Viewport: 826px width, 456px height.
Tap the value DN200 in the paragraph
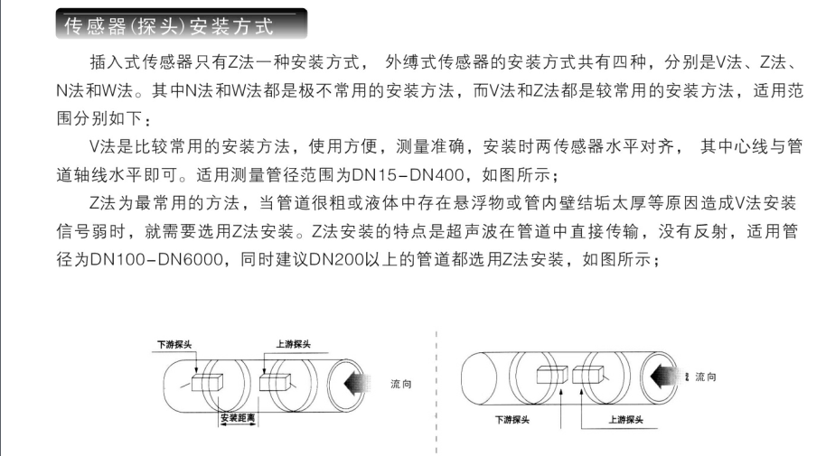(x=336, y=259)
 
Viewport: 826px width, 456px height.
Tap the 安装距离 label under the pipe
(x=238, y=419)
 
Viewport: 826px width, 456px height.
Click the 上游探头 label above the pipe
(x=294, y=344)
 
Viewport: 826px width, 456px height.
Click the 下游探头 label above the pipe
(x=174, y=344)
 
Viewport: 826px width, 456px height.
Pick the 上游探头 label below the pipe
(x=625, y=420)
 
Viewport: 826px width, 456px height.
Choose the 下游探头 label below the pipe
(x=512, y=420)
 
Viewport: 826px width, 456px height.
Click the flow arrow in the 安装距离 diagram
(x=358, y=383)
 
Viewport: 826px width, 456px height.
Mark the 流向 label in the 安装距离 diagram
(x=401, y=384)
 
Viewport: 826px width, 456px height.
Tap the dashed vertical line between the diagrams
(x=436, y=392)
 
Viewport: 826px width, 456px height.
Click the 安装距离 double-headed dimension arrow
(x=239, y=425)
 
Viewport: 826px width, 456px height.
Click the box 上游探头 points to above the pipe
(x=275, y=382)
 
